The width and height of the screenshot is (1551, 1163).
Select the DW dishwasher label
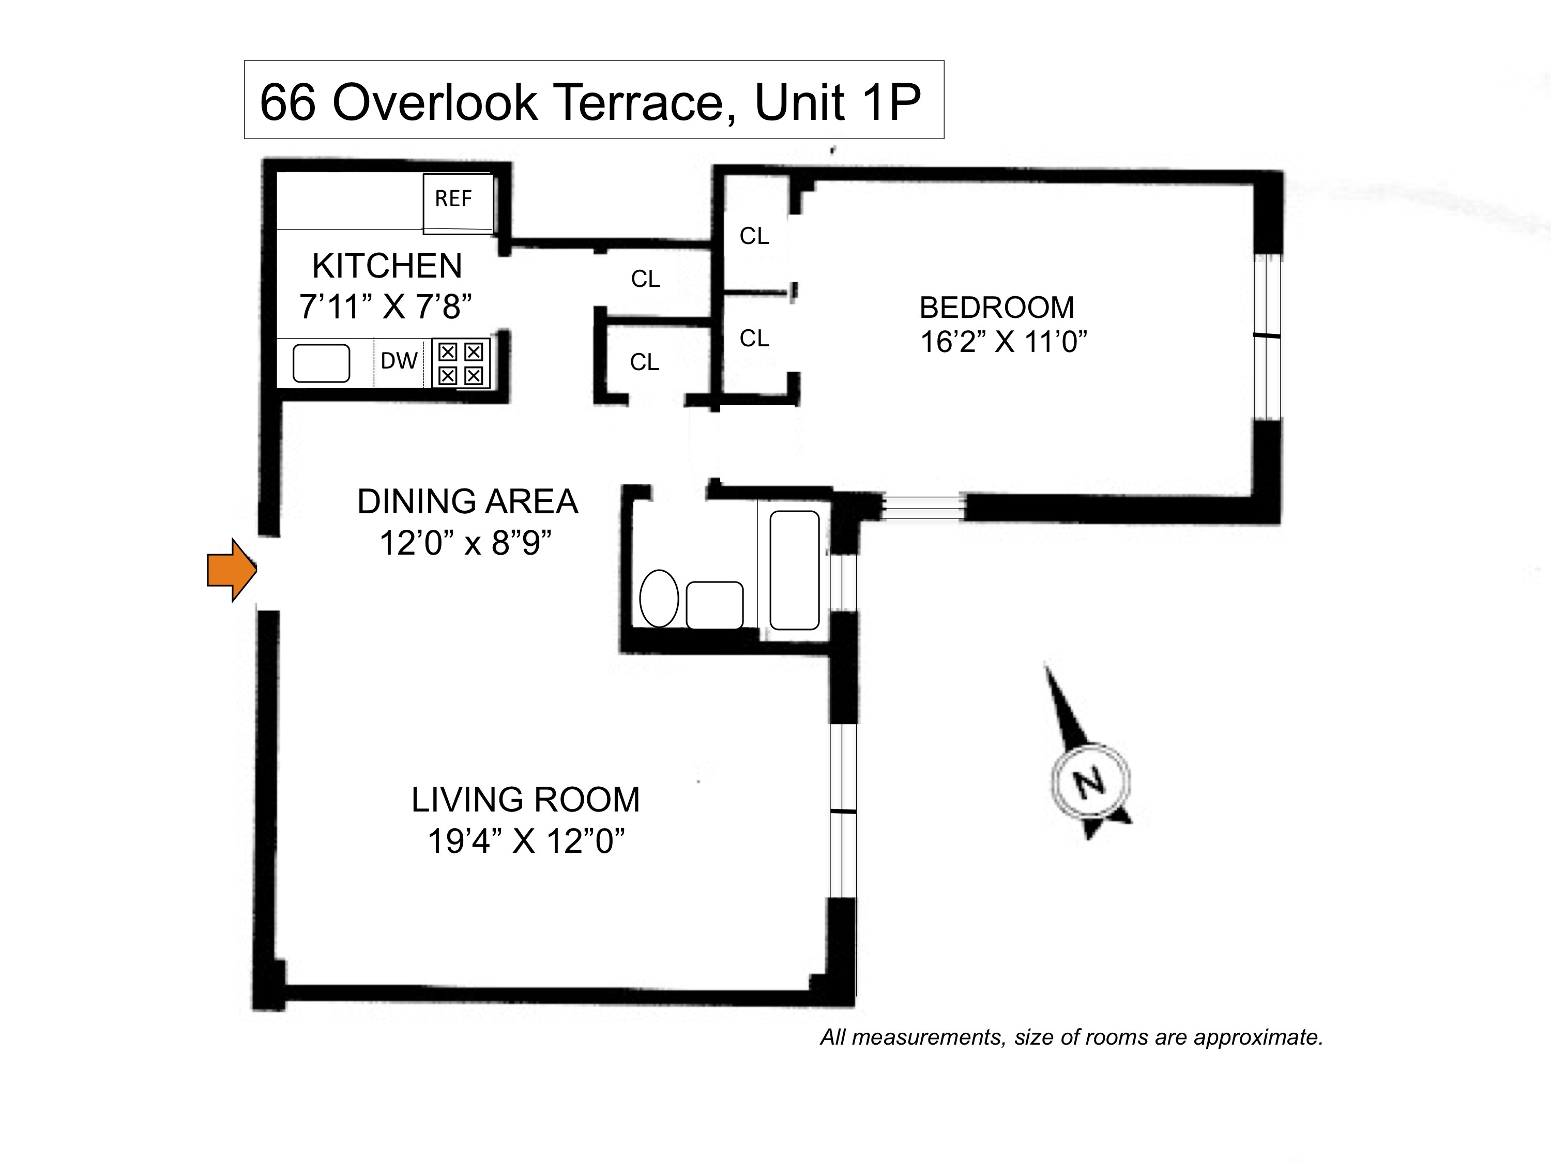pyautogui.click(x=399, y=361)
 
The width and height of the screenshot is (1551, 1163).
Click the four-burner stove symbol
pyautogui.click(x=461, y=363)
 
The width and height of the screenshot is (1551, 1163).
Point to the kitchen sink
pyautogui.click(x=321, y=363)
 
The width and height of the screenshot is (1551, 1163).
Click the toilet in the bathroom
pyautogui.click(x=659, y=598)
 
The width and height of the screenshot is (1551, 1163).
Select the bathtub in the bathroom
pyautogui.click(x=795, y=570)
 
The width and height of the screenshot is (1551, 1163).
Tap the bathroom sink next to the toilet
pyautogui.click(x=714, y=605)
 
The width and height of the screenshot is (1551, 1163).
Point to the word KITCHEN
pyautogui.click(x=387, y=266)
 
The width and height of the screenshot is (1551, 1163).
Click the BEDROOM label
pyautogui.click(x=996, y=307)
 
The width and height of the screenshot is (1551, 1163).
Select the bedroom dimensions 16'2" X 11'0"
pyautogui.click(x=1003, y=342)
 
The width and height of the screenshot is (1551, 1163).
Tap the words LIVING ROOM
pyautogui.click(x=525, y=800)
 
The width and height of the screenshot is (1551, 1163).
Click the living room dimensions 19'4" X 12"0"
pyautogui.click(x=526, y=840)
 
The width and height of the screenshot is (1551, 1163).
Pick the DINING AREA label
pyautogui.click(x=468, y=501)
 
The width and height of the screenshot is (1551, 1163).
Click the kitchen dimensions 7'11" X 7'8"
pyautogui.click(x=386, y=307)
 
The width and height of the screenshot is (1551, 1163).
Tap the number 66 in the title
pyautogui.click(x=287, y=102)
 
